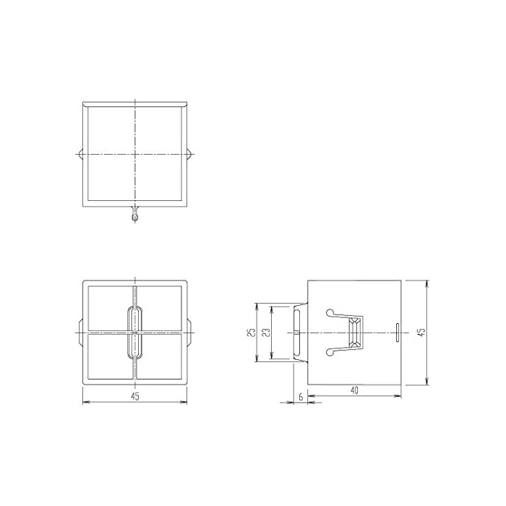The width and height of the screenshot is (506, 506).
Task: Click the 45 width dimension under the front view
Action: click(135, 396)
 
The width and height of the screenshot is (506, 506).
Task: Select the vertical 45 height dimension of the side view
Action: click(421, 333)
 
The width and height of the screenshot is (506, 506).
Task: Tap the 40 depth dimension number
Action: click(354, 390)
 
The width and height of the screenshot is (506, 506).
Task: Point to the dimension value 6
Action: click(301, 397)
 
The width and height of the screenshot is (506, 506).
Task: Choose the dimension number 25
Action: click(252, 333)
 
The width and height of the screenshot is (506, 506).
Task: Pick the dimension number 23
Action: click(266, 333)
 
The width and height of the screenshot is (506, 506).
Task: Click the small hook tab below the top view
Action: click(135, 214)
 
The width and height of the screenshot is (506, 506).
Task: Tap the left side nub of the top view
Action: click(81, 154)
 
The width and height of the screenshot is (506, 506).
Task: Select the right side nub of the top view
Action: click(189, 154)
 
